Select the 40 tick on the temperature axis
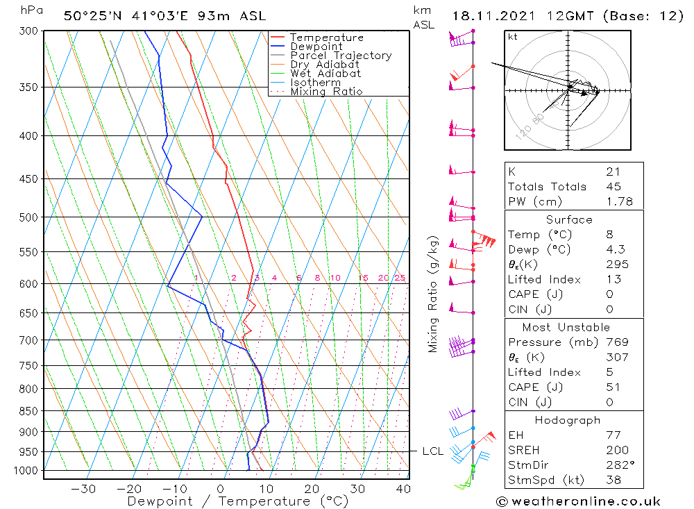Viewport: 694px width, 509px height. pos(403,489)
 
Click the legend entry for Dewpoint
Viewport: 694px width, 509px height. pos(316,47)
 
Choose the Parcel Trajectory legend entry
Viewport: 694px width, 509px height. pos(341,56)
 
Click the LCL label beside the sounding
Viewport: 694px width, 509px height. pos(432,451)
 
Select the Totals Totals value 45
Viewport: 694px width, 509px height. pos(613,187)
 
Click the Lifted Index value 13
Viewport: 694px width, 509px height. pos(613,279)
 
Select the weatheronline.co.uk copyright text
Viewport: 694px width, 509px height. pos(578,501)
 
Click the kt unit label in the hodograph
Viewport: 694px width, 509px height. pos(513,37)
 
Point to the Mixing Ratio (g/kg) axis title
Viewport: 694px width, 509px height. pos(434,294)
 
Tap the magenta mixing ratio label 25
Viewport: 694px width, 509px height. pos(400,278)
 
